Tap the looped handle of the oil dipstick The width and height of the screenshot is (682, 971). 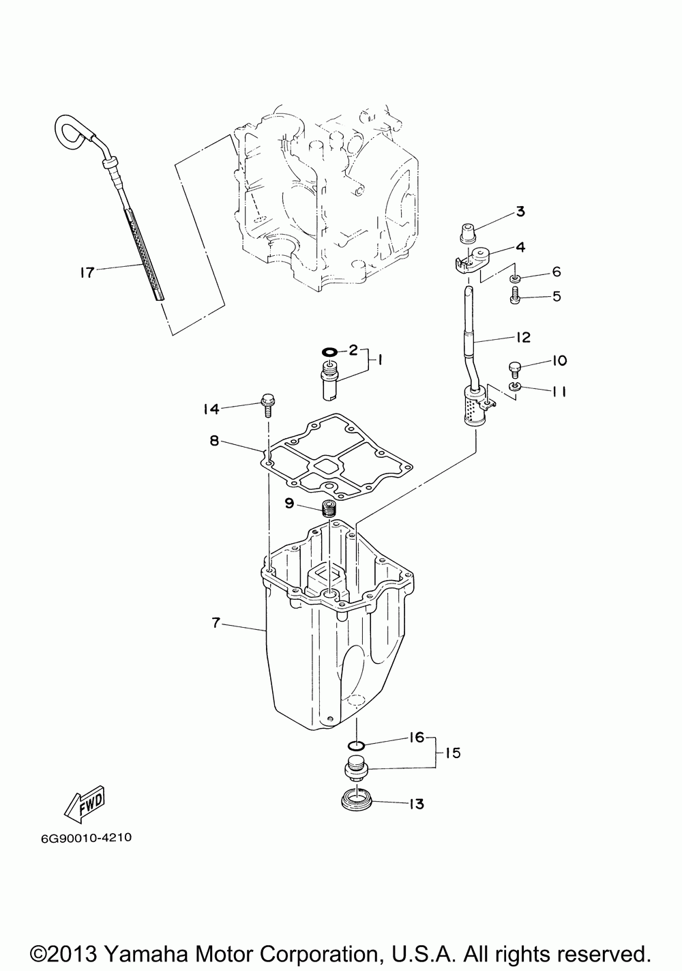pyautogui.click(x=68, y=129)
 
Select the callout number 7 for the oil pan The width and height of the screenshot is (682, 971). pyautogui.click(x=216, y=622)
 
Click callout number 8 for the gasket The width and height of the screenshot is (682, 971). pyautogui.click(x=214, y=441)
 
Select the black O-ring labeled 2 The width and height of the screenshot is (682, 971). pyautogui.click(x=329, y=351)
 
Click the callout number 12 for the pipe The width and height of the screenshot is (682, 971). pyautogui.click(x=522, y=337)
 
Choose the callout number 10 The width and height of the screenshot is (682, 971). pyautogui.click(x=559, y=361)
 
